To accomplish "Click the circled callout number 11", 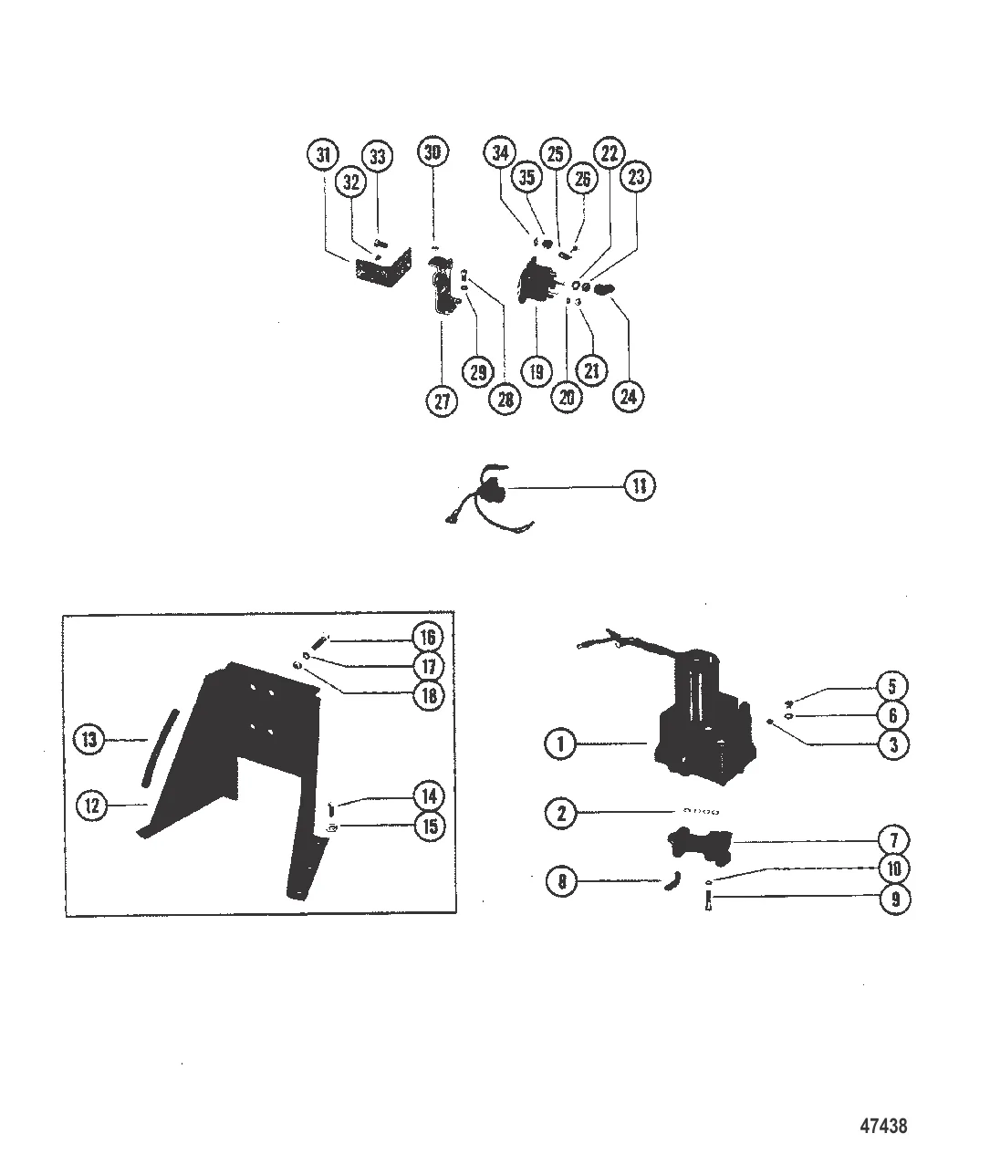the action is point(640,485).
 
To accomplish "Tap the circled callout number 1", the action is point(560,743).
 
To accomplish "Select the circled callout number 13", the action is point(89,739).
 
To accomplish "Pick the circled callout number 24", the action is point(628,396).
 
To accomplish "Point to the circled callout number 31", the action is point(323,154).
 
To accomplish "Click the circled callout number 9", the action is point(894,899).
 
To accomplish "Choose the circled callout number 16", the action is point(428,637).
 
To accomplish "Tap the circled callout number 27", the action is point(442,400).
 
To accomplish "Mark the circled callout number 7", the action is point(894,840).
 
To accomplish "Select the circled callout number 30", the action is point(432,151).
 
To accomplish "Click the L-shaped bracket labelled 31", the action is point(382,270).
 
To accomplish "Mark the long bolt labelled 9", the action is point(707,902).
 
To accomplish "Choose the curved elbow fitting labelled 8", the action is point(672,880).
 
